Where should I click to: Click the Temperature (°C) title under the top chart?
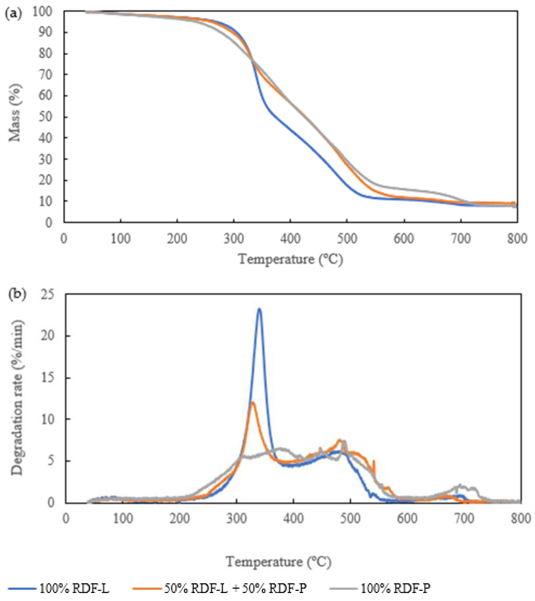pyautogui.click(x=291, y=260)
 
